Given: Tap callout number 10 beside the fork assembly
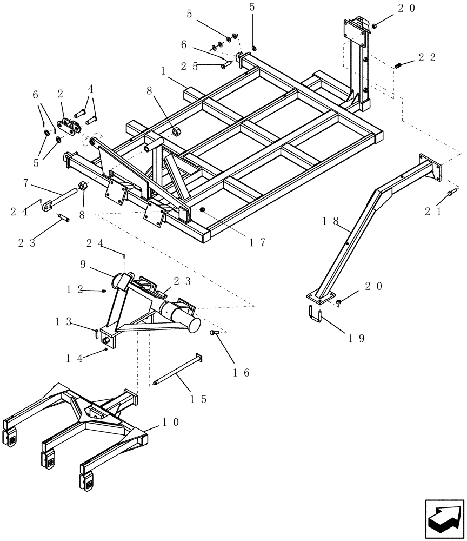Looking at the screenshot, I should pos(171,422).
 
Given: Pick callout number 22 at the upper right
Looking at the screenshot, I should pos(427,57).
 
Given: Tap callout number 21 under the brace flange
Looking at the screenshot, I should pos(434,213).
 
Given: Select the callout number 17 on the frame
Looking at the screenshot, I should pos(257,243).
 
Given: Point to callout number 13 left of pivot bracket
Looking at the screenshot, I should pos(64,322).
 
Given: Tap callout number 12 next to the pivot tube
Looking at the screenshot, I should pos(74,289).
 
